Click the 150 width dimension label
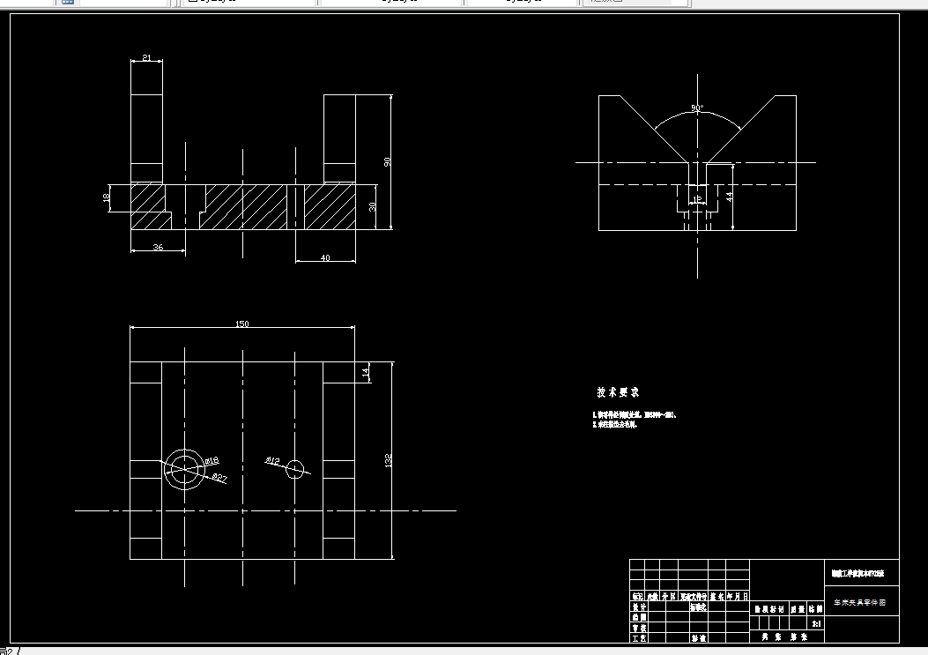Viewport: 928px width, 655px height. [241, 324]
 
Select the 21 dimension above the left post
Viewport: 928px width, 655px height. [146, 58]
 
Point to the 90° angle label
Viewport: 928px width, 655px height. [697, 108]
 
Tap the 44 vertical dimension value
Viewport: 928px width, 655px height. [729, 196]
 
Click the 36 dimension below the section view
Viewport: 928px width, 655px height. [158, 248]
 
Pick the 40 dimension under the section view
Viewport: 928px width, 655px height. [325, 257]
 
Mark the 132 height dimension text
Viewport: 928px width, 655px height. [388, 460]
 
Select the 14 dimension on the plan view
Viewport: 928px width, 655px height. [366, 373]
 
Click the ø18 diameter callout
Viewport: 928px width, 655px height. [212, 461]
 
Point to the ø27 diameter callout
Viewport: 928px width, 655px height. [220, 477]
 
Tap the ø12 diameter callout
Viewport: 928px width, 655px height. [272, 460]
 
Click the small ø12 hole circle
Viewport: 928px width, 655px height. [295, 468]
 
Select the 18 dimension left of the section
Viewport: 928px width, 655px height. [108, 197]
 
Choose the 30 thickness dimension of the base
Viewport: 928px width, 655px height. [372, 206]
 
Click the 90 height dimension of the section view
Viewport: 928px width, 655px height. [387, 161]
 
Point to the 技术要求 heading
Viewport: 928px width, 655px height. [617, 391]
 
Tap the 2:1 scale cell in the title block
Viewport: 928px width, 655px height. [816, 624]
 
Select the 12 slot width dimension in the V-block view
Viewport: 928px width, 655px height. [697, 200]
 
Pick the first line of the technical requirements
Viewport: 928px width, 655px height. [634, 413]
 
